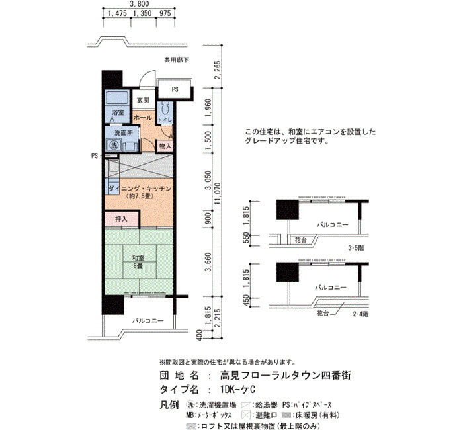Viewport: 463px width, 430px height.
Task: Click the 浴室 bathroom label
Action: pyautogui.click(x=118, y=112)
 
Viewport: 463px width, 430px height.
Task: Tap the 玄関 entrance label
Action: pyautogui.click(x=143, y=100)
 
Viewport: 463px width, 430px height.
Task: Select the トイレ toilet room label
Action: pyautogui.click(x=165, y=120)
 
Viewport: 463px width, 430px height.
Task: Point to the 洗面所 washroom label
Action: pyautogui.click(x=124, y=133)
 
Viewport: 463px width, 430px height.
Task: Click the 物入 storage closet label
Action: pyautogui.click(x=165, y=146)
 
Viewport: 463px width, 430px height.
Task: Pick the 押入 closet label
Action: pyautogui.click(x=121, y=219)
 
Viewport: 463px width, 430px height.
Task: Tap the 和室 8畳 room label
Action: pyautogui.click(x=138, y=262)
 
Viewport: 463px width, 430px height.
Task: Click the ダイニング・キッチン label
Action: pyautogui.click(x=140, y=189)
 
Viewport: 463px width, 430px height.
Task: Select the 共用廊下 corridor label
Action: pyautogui.click(x=177, y=60)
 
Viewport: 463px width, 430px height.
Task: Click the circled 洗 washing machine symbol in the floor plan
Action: pyautogui.click(x=114, y=145)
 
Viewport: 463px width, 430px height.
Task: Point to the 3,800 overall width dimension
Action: pyautogui.click(x=140, y=3)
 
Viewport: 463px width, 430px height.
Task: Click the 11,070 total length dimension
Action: pyautogui.click(x=218, y=194)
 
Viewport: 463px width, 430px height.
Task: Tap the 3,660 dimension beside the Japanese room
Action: pyautogui.click(x=209, y=262)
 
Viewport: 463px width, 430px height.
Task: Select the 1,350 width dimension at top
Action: pyautogui.click(x=142, y=13)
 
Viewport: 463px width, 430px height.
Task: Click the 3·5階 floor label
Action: pyautogui.click(x=356, y=248)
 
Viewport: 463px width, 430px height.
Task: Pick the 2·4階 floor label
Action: pyautogui.click(x=360, y=314)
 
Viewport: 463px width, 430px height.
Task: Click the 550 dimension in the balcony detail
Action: pyautogui.click(x=245, y=240)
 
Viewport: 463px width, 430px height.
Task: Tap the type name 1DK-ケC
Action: pyautogui.click(x=237, y=389)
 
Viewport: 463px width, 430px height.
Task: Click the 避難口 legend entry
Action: pyautogui.click(x=267, y=415)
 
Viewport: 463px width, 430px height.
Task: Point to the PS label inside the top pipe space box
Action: pyautogui.click(x=175, y=89)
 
